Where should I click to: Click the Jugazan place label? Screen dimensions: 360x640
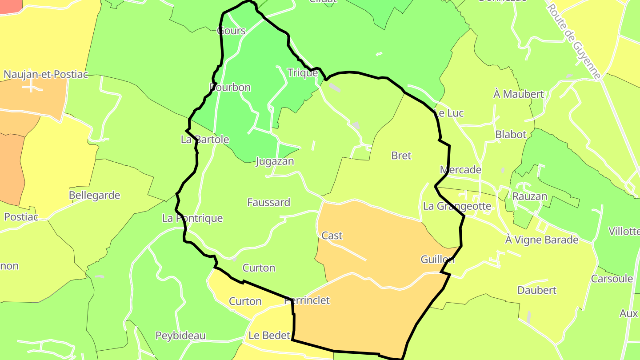(x=275, y=161)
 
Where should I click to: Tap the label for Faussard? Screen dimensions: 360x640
(x=268, y=202)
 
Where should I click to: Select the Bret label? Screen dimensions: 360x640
(x=401, y=156)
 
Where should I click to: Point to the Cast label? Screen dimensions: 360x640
(x=332, y=236)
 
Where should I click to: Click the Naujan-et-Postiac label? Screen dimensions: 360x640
(x=46, y=74)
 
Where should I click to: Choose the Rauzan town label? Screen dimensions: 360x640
(x=530, y=196)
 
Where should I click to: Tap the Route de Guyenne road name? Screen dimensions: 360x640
(x=574, y=40)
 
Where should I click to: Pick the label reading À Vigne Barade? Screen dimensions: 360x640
(x=542, y=240)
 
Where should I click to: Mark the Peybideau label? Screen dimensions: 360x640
(x=180, y=336)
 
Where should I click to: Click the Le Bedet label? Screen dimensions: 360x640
(x=269, y=336)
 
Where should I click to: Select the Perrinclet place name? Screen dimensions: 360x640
(x=307, y=300)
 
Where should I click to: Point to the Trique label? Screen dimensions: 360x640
(x=303, y=72)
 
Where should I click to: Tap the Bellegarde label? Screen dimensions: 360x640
(x=95, y=195)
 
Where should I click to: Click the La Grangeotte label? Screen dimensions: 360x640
(x=457, y=206)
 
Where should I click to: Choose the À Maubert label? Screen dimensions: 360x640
(x=518, y=94)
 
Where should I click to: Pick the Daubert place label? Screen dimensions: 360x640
(x=537, y=290)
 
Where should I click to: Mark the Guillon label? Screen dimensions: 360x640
(x=437, y=259)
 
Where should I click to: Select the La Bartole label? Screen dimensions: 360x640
(x=205, y=140)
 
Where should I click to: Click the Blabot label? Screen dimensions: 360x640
(x=511, y=134)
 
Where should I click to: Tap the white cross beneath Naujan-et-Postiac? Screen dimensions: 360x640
(x=31, y=86)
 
